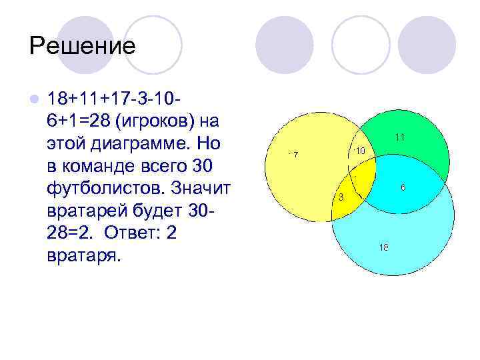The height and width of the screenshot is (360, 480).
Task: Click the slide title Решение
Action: [x=83, y=45]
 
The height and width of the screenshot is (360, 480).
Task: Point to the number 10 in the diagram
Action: [x=359, y=151]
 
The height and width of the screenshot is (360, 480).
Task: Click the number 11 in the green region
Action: [x=400, y=137]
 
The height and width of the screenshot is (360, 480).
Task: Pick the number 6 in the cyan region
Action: [x=403, y=188]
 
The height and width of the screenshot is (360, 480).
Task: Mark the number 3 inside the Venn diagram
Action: [x=341, y=197]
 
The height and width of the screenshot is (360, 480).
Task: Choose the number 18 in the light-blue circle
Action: [x=383, y=247]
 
